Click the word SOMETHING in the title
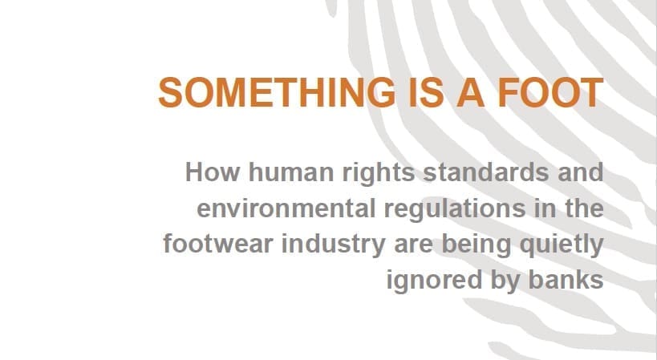coord(277,92)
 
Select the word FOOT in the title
coord(550,92)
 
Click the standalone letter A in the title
coord(470,92)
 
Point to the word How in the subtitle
coord(213,172)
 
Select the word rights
coord(379,174)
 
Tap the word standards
coord(485,172)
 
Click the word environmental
coord(286,208)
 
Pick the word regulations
coord(455,210)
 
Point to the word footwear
coord(218,244)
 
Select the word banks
coord(566,280)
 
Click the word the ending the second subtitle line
coord(584,208)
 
